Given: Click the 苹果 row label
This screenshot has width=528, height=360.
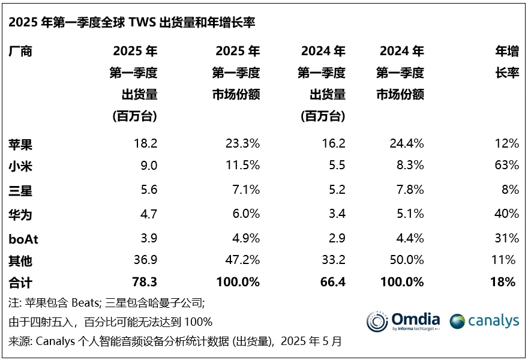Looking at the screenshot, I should (x=20, y=143).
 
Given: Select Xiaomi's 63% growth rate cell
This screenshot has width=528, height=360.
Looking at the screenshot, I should (x=507, y=165).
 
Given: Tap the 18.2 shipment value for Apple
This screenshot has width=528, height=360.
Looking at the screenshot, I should (x=145, y=143).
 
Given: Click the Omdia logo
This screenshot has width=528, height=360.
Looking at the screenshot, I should (x=403, y=321).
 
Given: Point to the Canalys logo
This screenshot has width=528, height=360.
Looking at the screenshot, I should (x=484, y=321).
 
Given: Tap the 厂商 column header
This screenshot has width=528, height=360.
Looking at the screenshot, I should (x=20, y=52).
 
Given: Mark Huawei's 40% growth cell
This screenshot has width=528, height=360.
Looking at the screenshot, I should (x=507, y=213).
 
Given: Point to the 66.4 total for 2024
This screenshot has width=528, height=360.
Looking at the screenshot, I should (x=331, y=281).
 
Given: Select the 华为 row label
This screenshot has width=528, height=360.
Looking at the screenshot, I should (x=20, y=214).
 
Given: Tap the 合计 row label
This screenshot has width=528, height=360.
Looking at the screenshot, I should (x=20, y=281).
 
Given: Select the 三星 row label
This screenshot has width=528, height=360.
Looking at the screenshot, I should (x=20, y=190).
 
